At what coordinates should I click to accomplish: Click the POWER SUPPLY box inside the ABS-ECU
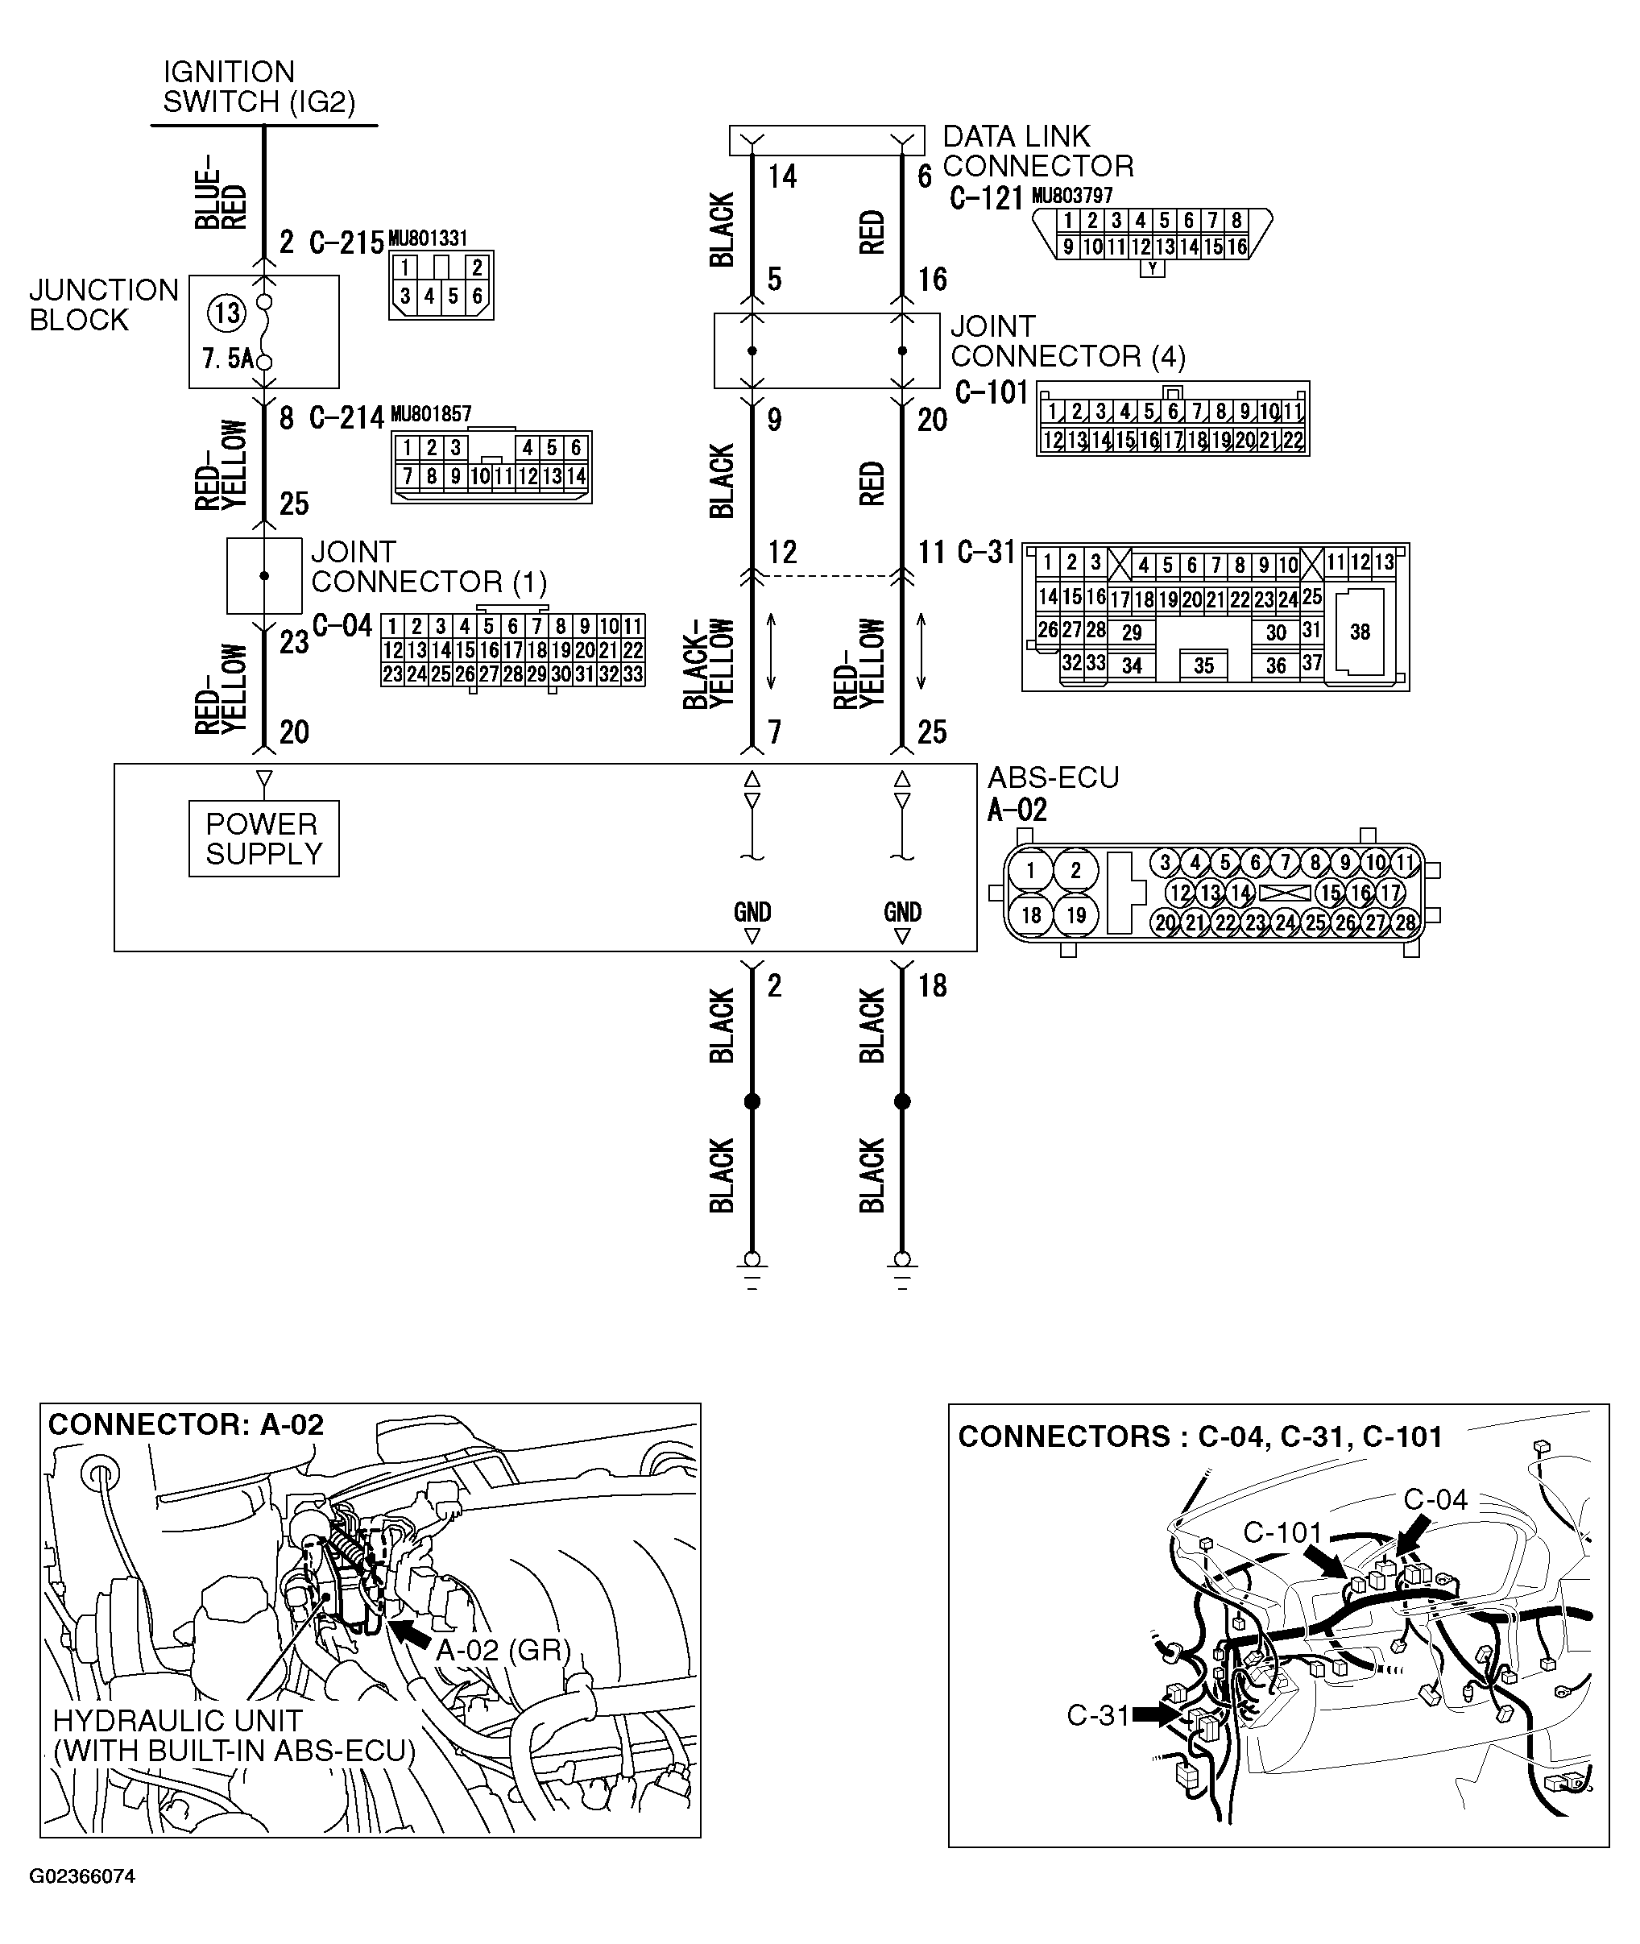tap(263, 839)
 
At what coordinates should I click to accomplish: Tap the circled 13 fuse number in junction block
tap(227, 313)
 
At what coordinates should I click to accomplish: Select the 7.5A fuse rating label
tap(227, 359)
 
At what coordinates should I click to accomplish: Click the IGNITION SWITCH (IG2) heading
tap(259, 86)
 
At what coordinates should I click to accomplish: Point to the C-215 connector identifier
tap(346, 242)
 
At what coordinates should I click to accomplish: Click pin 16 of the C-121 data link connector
tap(1236, 247)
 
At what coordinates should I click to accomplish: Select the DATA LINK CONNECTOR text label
tap(1037, 151)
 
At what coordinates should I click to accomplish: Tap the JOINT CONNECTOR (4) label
tap(1067, 342)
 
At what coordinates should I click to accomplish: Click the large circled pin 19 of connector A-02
tap(1075, 916)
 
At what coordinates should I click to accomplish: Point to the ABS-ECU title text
tap(1053, 777)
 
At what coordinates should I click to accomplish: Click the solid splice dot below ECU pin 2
tap(752, 1101)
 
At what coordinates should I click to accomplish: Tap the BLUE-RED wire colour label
tap(222, 192)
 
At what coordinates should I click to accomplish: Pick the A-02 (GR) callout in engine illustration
tap(503, 1649)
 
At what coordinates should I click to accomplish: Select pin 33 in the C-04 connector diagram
tap(633, 674)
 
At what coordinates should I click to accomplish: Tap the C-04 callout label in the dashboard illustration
tap(1435, 1499)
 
